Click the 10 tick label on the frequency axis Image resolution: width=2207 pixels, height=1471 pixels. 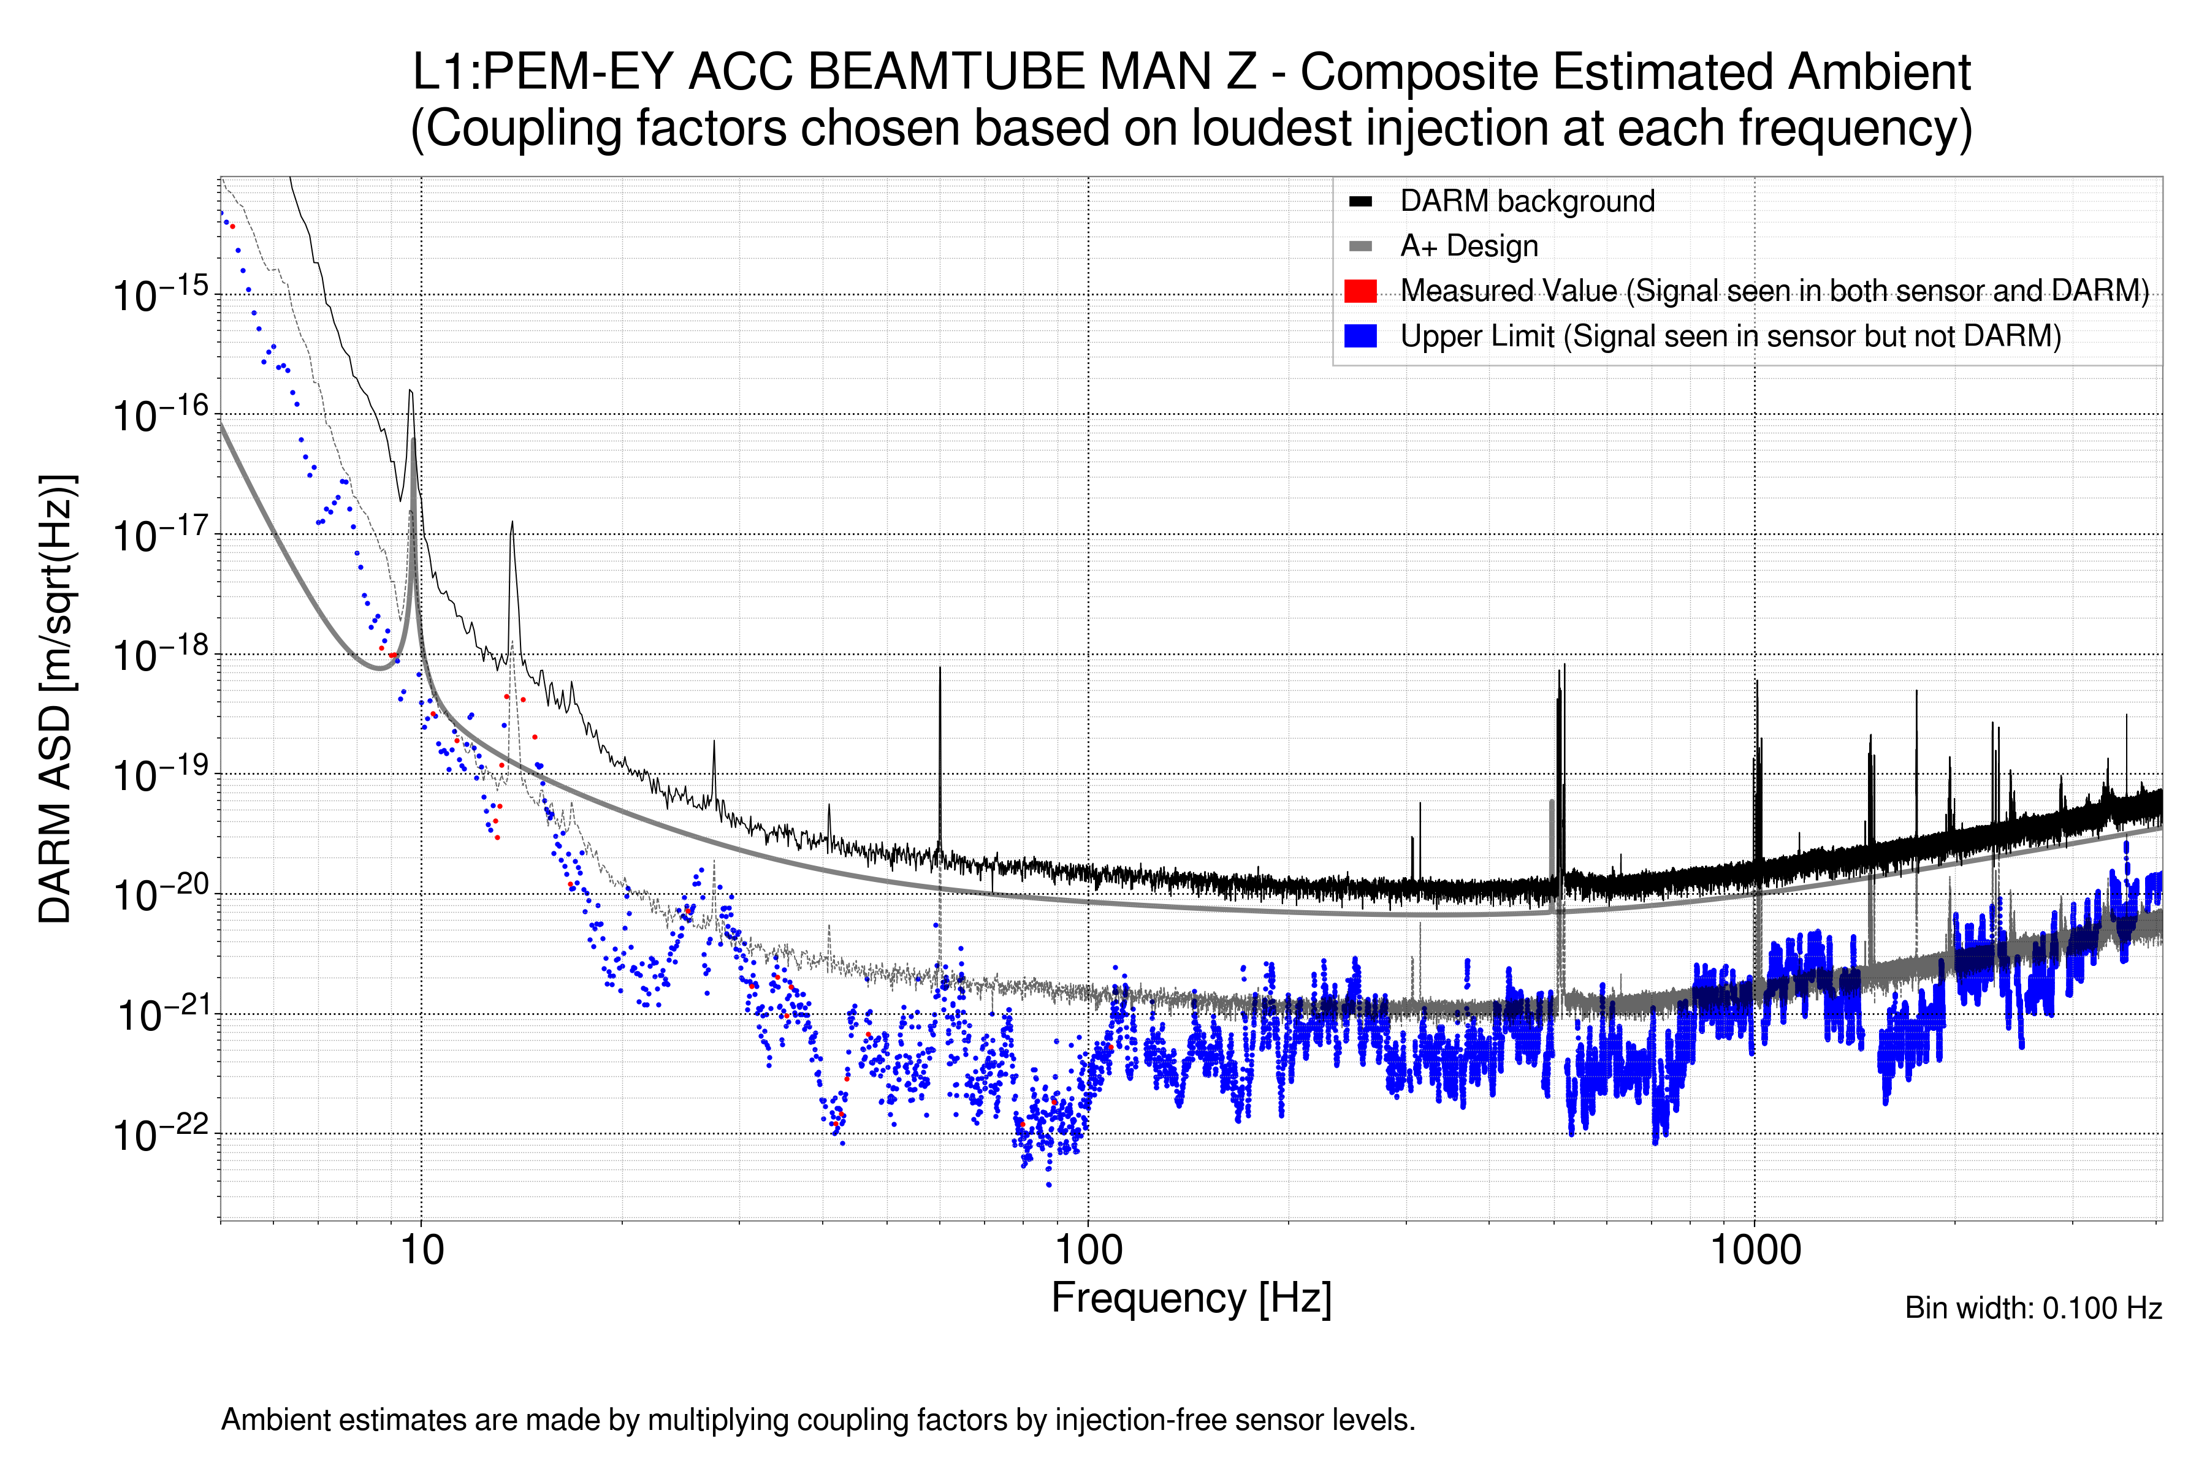coord(421,1250)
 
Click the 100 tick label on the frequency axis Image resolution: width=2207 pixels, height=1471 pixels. coord(1088,1250)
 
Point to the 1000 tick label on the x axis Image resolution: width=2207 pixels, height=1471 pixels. coord(1755,1250)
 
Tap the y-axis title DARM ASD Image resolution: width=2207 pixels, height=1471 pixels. coord(56,699)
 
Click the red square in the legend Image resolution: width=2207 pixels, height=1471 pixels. coord(1360,291)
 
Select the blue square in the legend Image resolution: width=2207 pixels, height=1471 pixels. coord(1360,336)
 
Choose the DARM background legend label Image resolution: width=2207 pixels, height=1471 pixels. coord(1527,202)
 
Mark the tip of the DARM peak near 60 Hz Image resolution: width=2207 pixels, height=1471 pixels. coord(939,668)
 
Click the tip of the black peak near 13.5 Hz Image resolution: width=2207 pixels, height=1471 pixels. coord(511,523)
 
